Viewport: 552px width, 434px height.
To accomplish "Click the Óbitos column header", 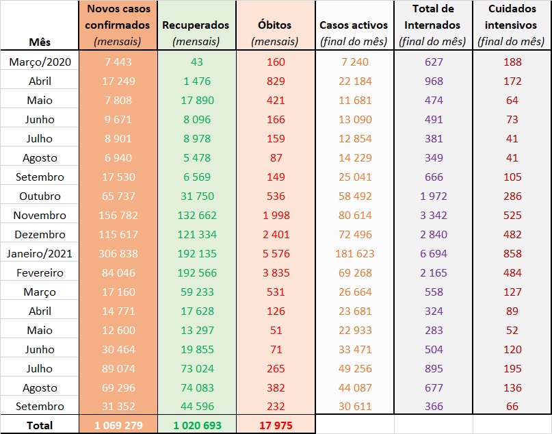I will coord(275,25).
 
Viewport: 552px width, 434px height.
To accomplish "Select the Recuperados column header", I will coord(196,25).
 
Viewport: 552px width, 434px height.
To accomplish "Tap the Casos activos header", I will coord(354,25).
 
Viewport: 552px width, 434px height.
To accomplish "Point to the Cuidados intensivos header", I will coord(512,25).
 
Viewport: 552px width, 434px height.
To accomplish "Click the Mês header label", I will coord(40,41).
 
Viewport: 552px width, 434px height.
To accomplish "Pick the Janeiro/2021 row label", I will coord(40,253).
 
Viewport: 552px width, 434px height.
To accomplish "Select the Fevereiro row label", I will coord(40,272).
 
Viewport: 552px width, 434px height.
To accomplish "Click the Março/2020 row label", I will coord(40,62).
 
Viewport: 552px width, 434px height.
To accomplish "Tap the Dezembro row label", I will coord(40,234).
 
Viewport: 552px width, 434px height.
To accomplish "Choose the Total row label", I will coord(40,425).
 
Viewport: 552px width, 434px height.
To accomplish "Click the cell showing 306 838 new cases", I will coord(118,253).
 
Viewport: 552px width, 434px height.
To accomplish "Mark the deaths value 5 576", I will coord(275,253).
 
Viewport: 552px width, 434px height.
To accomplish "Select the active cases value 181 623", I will coord(354,253).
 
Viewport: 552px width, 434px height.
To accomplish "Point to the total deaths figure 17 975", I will coord(275,425).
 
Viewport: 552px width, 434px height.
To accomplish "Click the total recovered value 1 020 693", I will coord(196,425).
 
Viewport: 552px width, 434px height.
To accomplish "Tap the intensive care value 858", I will coord(512,253).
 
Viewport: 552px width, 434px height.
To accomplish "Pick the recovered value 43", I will coord(196,62).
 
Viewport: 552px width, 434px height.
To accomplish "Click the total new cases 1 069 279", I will coord(118,425).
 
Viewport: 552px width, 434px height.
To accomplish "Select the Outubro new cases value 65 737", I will coord(118,196).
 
